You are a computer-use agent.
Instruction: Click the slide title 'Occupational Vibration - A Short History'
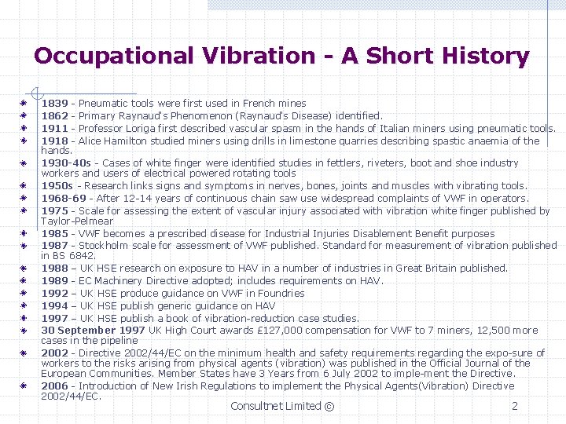click(x=281, y=56)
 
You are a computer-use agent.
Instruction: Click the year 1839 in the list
click(x=54, y=103)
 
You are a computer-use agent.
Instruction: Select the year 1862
click(x=54, y=115)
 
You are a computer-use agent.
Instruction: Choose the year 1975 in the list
click(x=54, y=210)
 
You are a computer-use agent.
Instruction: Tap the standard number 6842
click(x=83, y=255)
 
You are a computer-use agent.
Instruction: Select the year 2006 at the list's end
click(x=54, y=386)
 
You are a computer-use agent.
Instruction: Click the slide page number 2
click(x=514, y=406)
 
